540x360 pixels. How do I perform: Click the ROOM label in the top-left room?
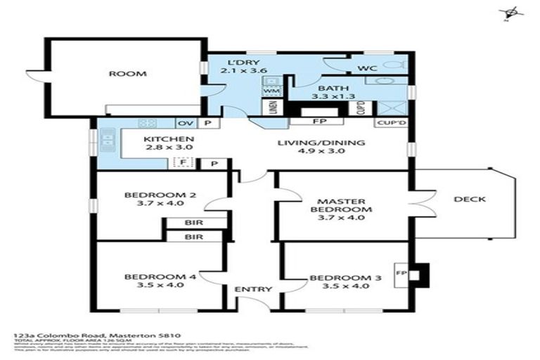[x=127, y=74]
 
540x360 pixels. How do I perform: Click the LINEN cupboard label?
[x=272, y=108]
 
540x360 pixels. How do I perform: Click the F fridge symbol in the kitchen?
[x=181, y=163]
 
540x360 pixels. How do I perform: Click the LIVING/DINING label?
[x=321, y=148]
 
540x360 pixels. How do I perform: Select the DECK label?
[x=470, y=199]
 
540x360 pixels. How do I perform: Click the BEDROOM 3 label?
[x=345, y=282]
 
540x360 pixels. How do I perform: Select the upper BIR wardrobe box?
[x=193, y=223]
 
